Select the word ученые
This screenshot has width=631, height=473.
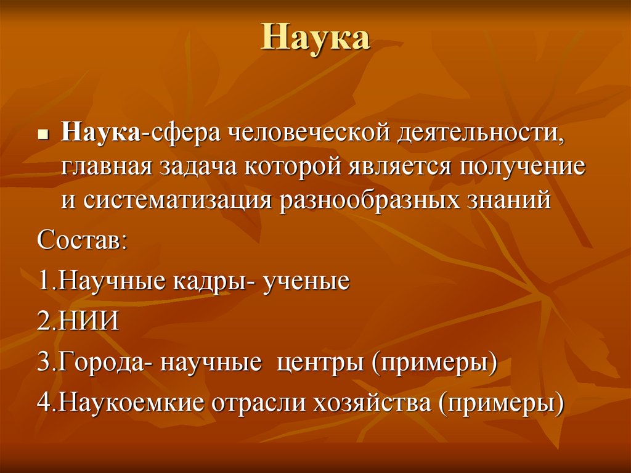[307, 281]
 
